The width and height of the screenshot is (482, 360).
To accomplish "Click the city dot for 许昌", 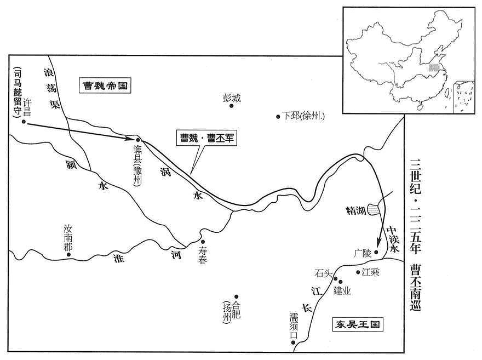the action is coord(24,122).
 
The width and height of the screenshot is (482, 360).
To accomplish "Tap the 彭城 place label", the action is coord(232,98).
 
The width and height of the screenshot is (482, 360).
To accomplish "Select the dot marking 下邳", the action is coord(278,117).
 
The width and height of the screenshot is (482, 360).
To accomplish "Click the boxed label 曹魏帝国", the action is coord(105,85).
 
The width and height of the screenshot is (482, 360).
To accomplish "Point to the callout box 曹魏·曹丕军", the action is coord(206,138).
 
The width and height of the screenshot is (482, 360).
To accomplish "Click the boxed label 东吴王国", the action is coord(358,324).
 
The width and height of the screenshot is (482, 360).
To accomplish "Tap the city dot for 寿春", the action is coord(203,242).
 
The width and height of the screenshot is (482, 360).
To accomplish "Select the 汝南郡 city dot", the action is coord(68,255).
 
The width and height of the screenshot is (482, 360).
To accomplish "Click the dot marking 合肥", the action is coord(237,296).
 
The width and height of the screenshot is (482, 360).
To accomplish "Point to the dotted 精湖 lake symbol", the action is coord(374,210).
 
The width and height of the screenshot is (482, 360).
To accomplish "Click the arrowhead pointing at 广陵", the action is coord(379,241).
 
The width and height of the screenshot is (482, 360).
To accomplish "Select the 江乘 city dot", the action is coord(358,272).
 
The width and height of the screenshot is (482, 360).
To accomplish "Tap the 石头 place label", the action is coord(324,273).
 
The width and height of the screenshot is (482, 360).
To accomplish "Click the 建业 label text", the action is coord(342,290).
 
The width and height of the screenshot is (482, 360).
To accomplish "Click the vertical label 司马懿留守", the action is coord(17,92).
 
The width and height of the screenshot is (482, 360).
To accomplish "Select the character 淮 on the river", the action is coord(119,258).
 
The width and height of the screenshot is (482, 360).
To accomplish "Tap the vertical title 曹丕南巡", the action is coord(415,288).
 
